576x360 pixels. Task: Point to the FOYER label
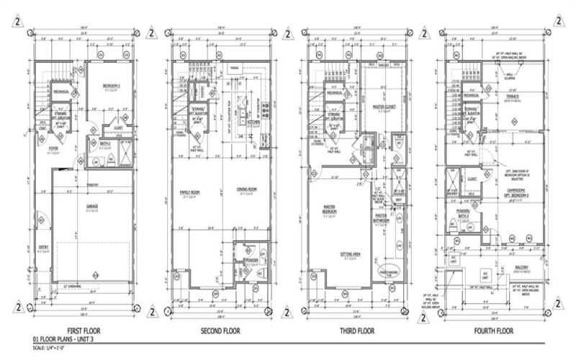(53, 150)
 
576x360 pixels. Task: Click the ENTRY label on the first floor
(43, 248)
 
